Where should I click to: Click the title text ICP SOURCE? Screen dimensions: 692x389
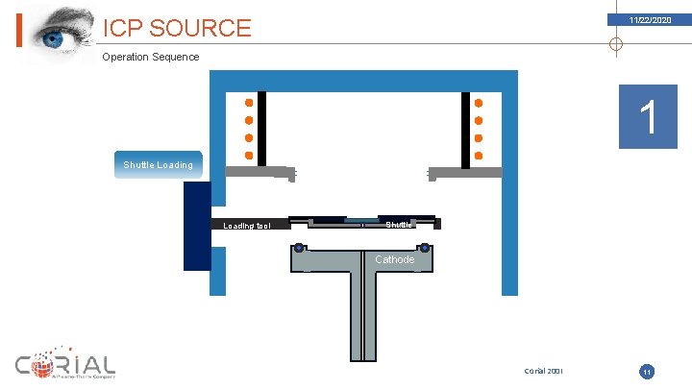pos(177,28)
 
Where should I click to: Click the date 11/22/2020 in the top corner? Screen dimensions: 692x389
pos(650,19)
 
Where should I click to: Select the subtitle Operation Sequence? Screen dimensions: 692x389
pos(151,57)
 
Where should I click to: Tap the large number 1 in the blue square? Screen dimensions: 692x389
pos(648,117)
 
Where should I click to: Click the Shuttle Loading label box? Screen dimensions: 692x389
pos(158,164)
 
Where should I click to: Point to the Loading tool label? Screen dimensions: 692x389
pos(247,226)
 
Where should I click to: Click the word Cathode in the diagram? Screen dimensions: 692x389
pos(394,259)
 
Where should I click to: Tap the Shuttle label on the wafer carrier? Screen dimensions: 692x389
pos(400,225)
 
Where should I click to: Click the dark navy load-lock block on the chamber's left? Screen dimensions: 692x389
pos(197,226)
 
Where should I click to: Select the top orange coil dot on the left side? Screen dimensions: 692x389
pos(249,103)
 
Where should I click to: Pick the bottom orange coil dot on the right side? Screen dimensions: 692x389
pos(479,156)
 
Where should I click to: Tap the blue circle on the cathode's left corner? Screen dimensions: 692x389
pos(300,249)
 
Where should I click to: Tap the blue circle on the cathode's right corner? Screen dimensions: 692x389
pos(424,249)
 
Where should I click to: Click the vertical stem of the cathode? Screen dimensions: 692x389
pos(362,317)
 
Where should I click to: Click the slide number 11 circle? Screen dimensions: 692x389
pos(647,371)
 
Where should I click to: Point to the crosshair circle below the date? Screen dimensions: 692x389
pos(616,43)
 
